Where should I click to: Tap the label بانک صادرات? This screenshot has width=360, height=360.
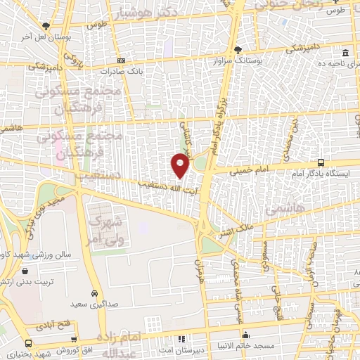pyautogui.click(x=116, y=71)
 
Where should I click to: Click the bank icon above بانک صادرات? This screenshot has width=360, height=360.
pyautogui.click(x=122, y=60)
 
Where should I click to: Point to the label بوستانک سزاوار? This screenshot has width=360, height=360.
pyautogui.click(x=236, y=61)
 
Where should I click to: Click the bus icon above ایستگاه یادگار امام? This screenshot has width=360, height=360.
pyautogui.click(x=321, y=161)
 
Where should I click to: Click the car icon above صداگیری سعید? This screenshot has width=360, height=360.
pyautogui.click(x=94, y=292)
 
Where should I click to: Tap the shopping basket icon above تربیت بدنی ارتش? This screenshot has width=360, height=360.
pyautogui.click(x=25, y=271)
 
